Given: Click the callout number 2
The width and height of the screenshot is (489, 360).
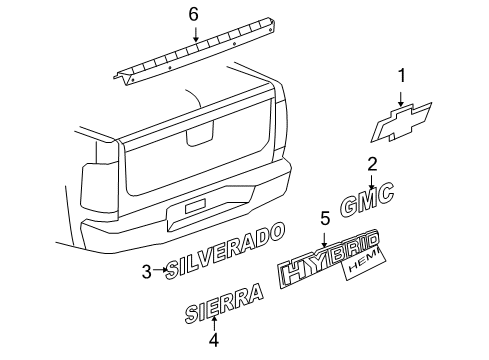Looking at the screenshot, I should click(x=371, y=164).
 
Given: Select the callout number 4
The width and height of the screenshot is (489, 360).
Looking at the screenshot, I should click(x=212, y=338).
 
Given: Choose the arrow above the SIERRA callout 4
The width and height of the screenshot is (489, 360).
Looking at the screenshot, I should click(x=212, y=322).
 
